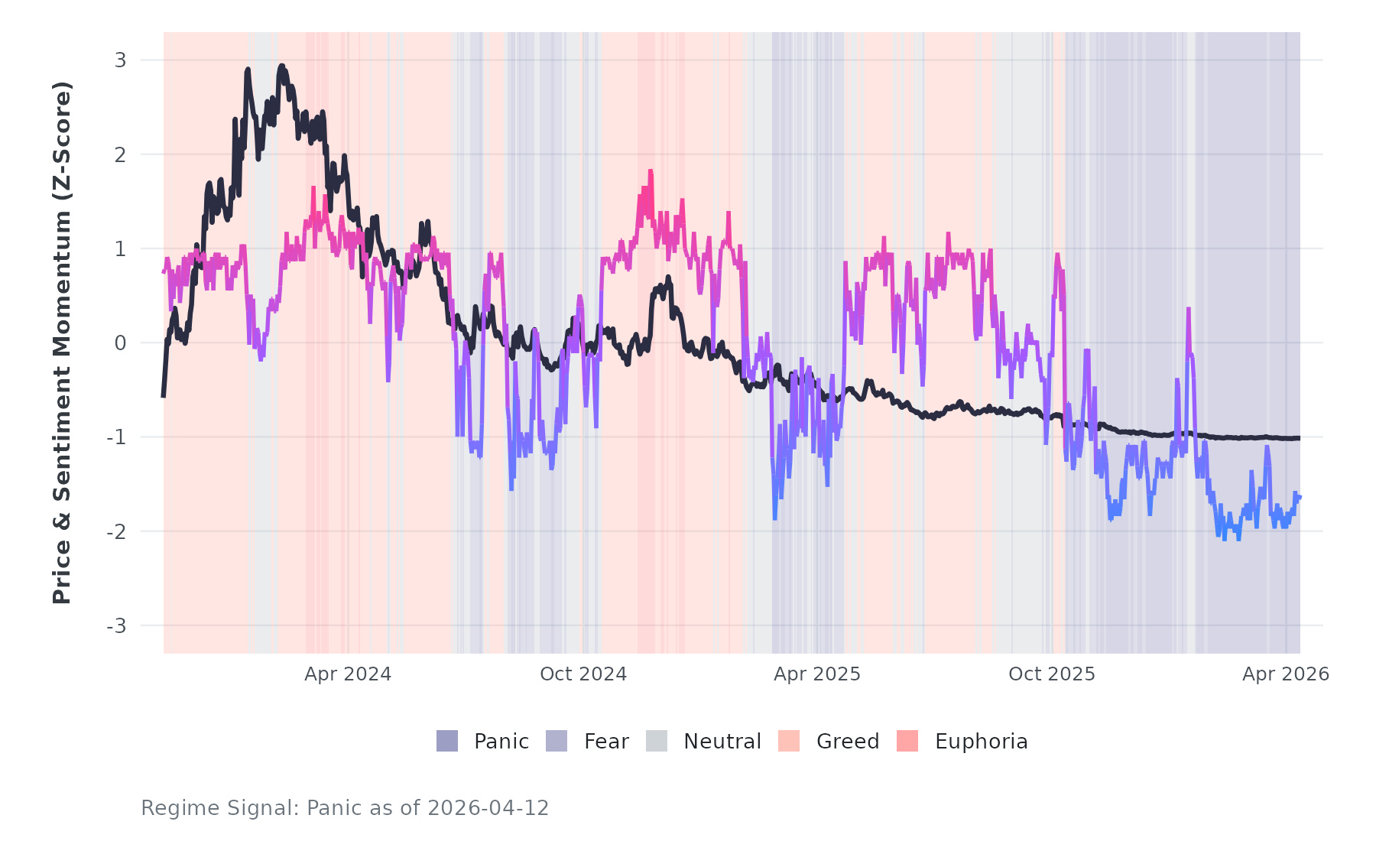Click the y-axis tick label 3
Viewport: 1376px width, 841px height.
(x=120, y=60)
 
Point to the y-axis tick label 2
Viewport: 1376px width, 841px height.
(x=120, y=154)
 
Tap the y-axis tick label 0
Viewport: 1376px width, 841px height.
(x=120, y=343)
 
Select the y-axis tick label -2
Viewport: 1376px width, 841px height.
(x=117, y=532)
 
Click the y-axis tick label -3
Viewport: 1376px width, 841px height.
(x=117, y=626)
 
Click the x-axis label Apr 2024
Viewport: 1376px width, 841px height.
(x=348, y=674)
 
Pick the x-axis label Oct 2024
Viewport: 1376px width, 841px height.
(x=583, y=674)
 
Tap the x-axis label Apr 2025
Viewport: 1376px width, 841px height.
(x=817, y=674)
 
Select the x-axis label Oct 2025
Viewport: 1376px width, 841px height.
(x=1052, y=674)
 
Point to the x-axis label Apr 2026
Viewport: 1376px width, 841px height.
(x=1286, y=674)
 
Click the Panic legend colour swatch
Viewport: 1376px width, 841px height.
(x=447, y=741)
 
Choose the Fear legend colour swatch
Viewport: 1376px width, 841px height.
(x=557, y=741)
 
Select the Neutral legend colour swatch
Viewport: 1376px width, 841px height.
(x=657, y=741)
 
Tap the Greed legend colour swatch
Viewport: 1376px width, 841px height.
(x=789, y=741)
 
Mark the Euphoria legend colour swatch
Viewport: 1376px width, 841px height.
(x=907, y=741)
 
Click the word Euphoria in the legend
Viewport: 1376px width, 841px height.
(x=981, y=742)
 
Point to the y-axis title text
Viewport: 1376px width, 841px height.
(x=62, y=343)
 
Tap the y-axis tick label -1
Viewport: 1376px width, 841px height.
(x=117, y=437)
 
